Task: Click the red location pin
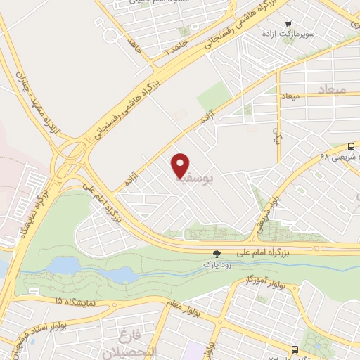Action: click(x=181, y=165)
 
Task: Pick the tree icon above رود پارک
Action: click(x=217, y=253)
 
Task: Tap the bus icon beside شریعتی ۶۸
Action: click(x=351, y=146)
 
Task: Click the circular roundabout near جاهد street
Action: click(x=110, y=34)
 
